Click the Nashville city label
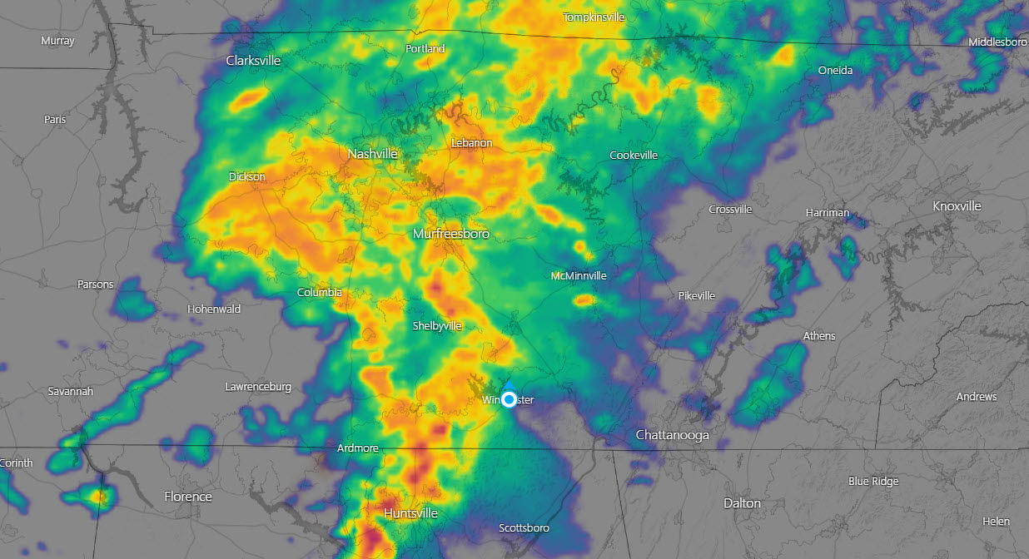(372, 154)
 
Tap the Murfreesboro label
(451, 235)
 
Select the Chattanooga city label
(672, 435)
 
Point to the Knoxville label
(957, 206)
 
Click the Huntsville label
(410, 513)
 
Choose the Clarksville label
(253, 61)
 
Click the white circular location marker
(509, 400)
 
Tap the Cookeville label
(634, 156)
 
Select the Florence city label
(188, 497)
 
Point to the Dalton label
(742, 503)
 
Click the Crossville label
(730, 210)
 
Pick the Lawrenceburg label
(258, 387)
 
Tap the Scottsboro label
(524, 528)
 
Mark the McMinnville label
(579, 276)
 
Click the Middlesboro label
(997, 42)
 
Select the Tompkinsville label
(594, 17)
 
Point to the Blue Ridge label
(873, 482)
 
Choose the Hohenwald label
(214, 309)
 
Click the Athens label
(819, 336)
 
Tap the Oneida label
(835, 71)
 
